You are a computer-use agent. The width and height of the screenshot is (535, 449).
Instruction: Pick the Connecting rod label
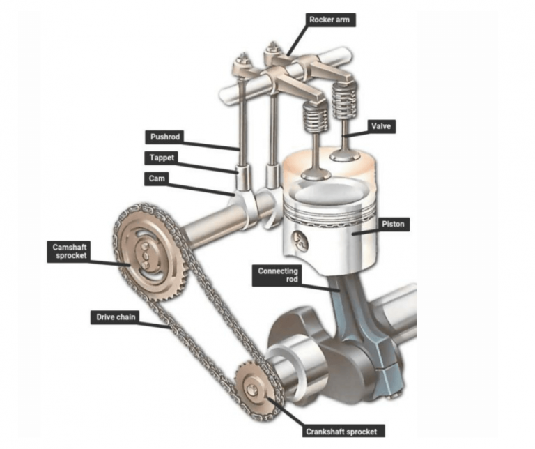[278, 275]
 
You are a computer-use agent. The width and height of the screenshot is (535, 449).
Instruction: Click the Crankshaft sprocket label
[344, 432]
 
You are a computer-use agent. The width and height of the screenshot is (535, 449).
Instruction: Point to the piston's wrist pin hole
[300, 241]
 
